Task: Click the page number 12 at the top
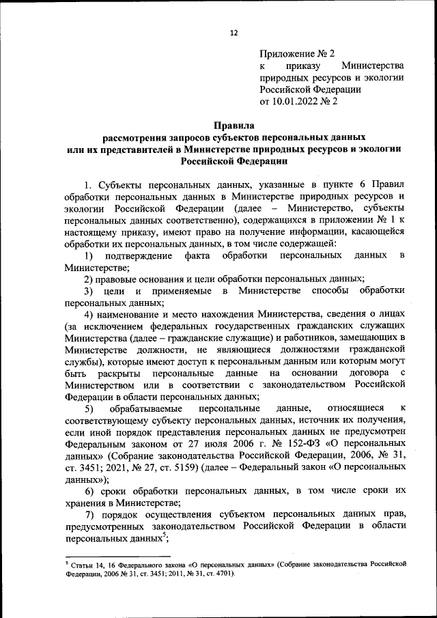[x=234, y=33]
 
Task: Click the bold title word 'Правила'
[x=234, y=125]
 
